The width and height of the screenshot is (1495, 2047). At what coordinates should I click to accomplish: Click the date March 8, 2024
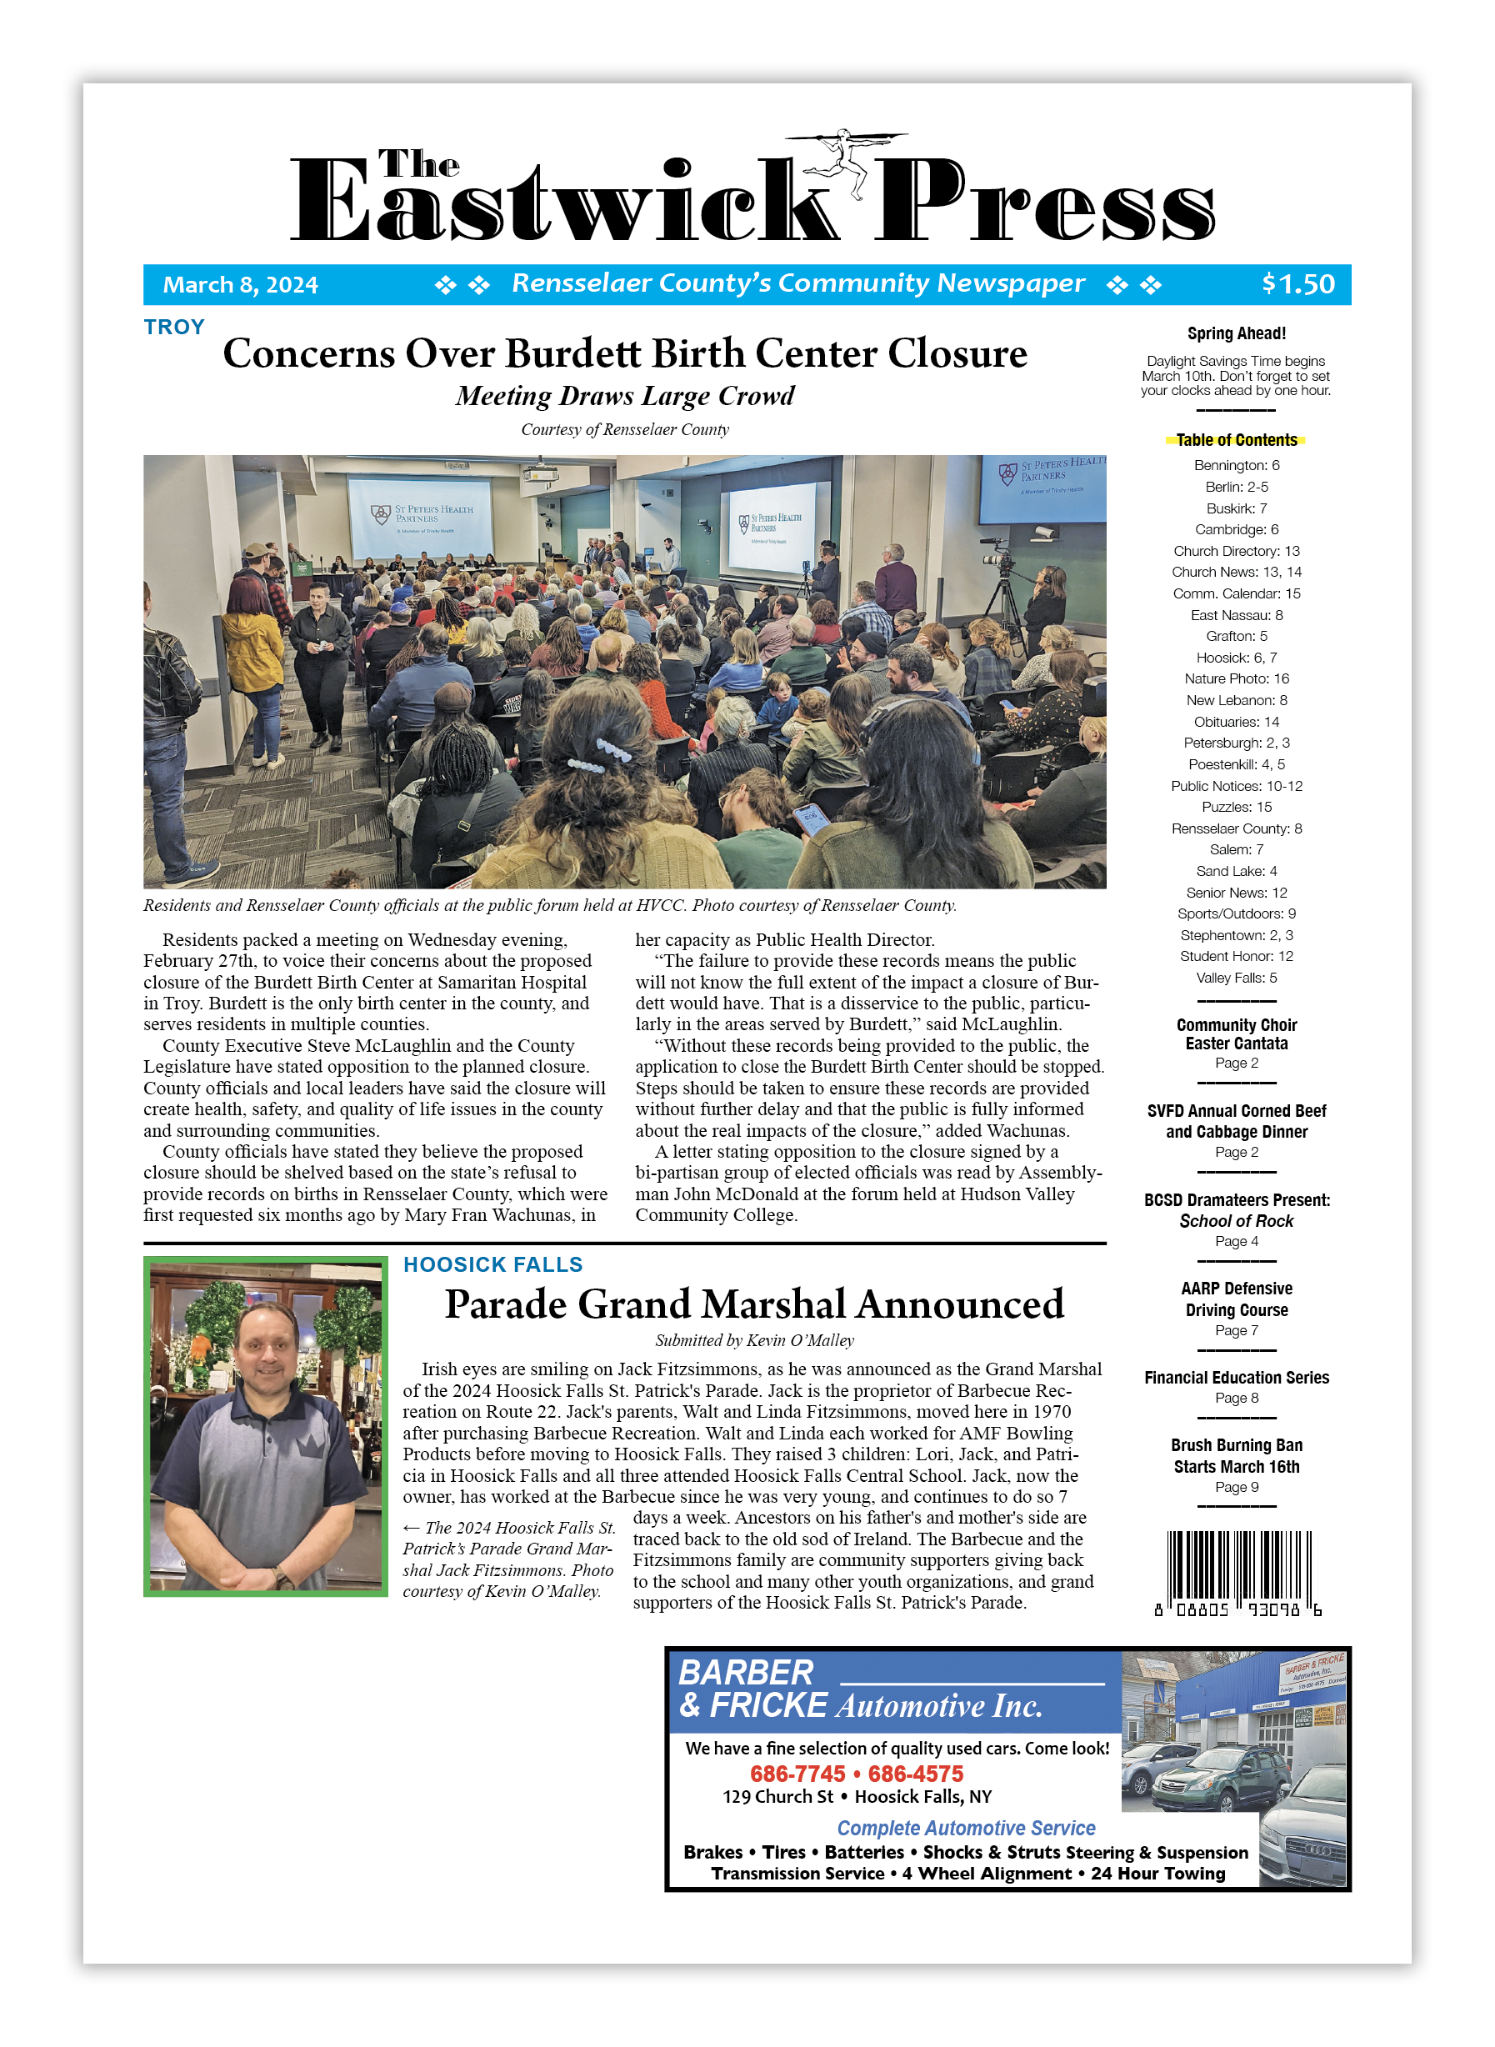pos(240,285)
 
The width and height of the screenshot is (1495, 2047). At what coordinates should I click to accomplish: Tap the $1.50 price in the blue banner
pos(1297,284)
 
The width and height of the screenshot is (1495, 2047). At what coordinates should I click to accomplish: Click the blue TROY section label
pos(174,327)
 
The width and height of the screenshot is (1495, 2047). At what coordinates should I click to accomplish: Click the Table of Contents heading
pos(1236,440)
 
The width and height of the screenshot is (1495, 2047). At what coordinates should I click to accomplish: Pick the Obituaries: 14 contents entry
pos(1236,721)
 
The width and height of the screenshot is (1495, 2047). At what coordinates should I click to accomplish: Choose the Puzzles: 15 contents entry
pos(1236,806)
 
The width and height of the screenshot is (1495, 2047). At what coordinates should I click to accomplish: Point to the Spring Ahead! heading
pos(1236,333)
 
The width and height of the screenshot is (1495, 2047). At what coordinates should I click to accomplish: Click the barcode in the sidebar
pos(1238,1571)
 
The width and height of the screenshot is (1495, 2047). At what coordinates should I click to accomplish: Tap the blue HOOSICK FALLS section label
pos(492,1264)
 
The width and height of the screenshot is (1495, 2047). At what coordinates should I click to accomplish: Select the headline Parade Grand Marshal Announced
pos(754,1304)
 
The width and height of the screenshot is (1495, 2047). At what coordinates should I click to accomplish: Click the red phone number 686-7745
pos(797,1774)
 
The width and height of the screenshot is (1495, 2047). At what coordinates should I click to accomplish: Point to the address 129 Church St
pos(777,1796)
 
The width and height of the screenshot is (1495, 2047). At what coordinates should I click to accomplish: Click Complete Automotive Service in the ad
pos(966,1828)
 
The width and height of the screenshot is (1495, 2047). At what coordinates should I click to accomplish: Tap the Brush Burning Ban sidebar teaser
pos(1236,1455)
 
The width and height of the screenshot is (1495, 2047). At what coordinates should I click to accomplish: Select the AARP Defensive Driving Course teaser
pos(1236,1299)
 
